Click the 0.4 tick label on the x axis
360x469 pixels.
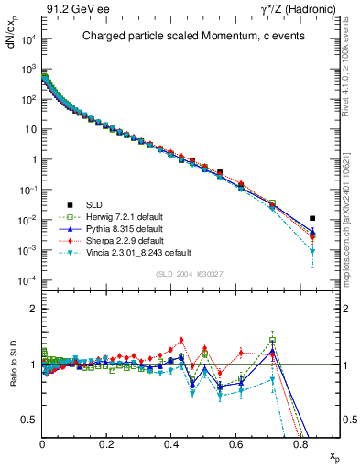tap(171, 442)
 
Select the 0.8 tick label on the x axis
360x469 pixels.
tap(300, 442)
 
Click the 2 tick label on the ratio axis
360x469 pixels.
tap(34, 309)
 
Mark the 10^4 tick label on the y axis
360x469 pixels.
tap(27, 39)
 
